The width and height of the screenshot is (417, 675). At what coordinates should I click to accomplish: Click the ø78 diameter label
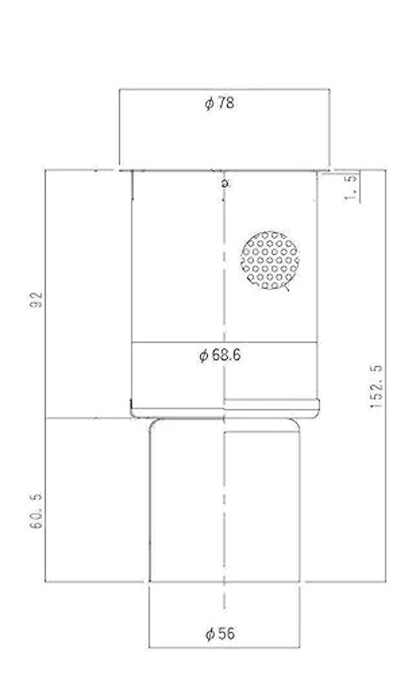(219, 103)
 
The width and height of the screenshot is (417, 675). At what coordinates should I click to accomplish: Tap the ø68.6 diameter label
(219, 355)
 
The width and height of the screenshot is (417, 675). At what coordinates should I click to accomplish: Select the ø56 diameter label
(220, 634)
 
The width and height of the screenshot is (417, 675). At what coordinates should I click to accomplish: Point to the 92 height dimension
(39, 300)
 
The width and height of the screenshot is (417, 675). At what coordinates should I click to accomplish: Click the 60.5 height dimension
(38, 511)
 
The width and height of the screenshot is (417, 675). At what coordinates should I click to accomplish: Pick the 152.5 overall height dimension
(376, 386)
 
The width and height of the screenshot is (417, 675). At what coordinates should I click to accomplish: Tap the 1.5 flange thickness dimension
(351, 187)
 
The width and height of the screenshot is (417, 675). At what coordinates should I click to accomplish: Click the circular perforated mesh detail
(269, 260)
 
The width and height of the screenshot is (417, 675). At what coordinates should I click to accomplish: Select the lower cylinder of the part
(225, 500)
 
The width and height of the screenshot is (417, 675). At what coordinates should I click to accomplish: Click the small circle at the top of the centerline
(224, 183)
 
